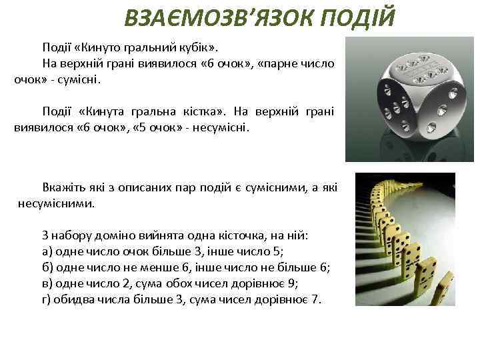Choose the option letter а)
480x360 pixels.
pyautogui.click(x=47, y=251)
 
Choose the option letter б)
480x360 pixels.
pyautogui.click(x=47, y=267)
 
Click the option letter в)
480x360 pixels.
pyautogui.click(x=47, y=283)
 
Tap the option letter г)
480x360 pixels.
pyautogui.click(x=47, y=299)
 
